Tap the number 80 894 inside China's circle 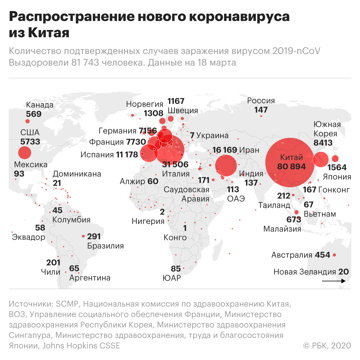pyautogui.click(x=291, y=166)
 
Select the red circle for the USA pyautogui.click(x=25, y=152)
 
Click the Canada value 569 pyautogui.click(x=34, y=114)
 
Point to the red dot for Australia pyautogui.click(x=334, y=255)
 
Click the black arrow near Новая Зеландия pyautogui.click(x=334, y=281)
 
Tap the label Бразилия pyautogui.click(x=105, y=246)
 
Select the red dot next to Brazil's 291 pyautogui.click(x=83, y=236)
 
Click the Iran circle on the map pyautogui.click(x=226, y=166)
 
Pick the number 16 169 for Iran pyautogui.click(x=225, y=150)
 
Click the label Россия pyautogui.click(x=261, y=100)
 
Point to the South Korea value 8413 pyautogui.click(x=323, y=143)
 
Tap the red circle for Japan pyautogui.click(x=335, y=159)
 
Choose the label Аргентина pyautogui.click(x=90, y=278)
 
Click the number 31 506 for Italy pyautogui.click(x=175, y=164)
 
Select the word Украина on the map pyautogui.click(x=212, y=135)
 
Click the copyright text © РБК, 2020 pyautogui.click(x=327, y=345)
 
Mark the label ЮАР pyautogui.click(x=172, y=278)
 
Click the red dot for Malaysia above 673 pyautogui.click(x=296, y=212)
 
